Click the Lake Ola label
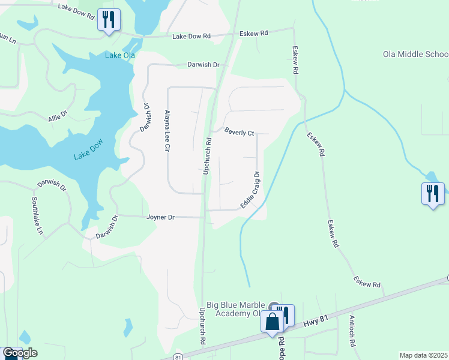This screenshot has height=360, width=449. (x=119, y=56)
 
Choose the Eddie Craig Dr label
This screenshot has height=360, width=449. (x=250, y=190)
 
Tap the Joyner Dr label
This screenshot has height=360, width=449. (x=161, y=217)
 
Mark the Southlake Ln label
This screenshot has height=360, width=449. (x=37, y=215)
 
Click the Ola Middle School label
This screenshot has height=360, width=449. (x=415, y=54)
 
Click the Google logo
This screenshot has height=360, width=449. (x=19, y=353)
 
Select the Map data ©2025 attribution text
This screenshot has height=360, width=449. (x=423, y=355)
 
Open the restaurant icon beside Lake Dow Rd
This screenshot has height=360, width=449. (x=109, y=20)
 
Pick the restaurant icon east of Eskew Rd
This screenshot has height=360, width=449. (x=433, y=194)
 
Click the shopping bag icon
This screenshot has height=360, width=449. (x=272, y=322)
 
